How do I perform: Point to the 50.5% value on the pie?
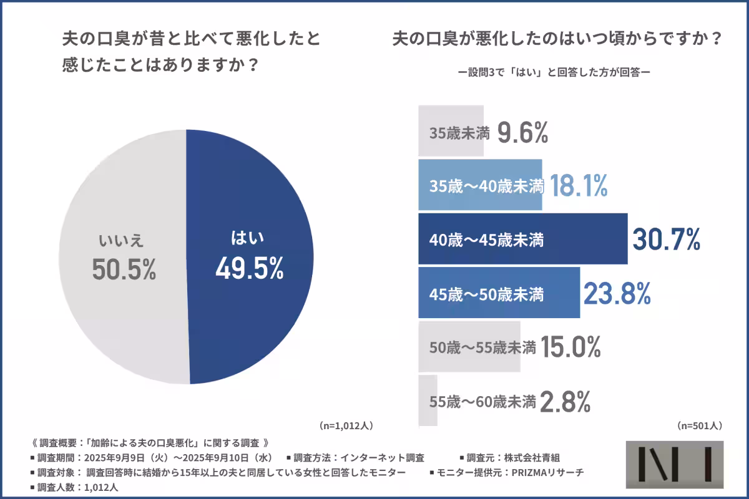(124, 269)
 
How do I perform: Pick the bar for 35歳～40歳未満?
(479, 185)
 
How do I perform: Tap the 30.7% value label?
(666, 240)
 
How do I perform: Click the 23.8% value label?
(617, 293)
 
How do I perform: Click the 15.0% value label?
(570, 347)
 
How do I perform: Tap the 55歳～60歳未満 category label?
(482, 400)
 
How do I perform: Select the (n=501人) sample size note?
(699, 426)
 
